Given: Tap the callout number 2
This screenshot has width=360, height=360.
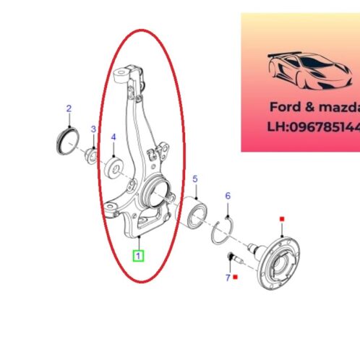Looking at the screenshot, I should [x=69, y=109].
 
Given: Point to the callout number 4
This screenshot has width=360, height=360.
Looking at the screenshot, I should [x=113, y=137].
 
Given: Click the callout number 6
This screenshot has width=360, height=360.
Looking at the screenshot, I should [x=227, y=196].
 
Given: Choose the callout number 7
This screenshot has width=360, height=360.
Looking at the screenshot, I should [x=227, y=277].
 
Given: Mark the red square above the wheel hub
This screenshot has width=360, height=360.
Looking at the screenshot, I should [x=282, y=218].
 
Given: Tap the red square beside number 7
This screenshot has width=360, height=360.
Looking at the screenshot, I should [x=236, y=277].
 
